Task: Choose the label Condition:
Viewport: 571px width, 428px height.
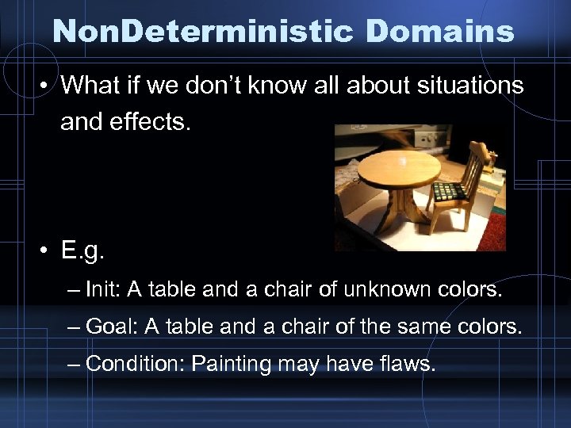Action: pyautogui.click(x=135, y=363)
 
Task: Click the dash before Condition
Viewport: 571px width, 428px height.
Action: pyautogui.click(x=74, y=363)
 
